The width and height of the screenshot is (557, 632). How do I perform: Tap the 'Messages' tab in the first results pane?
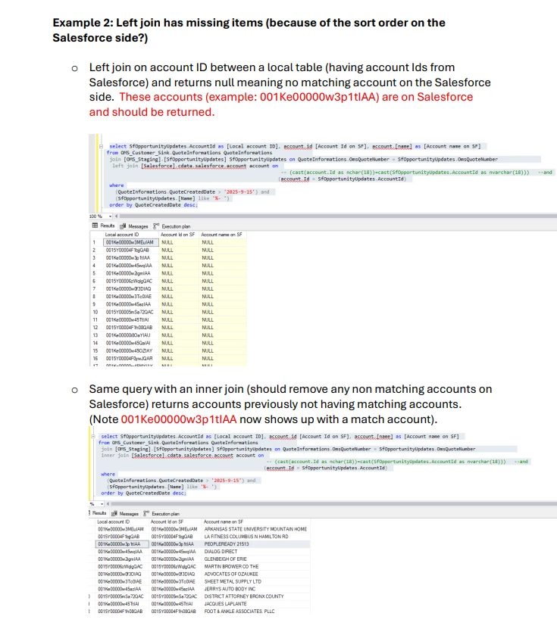(x=136, y=226)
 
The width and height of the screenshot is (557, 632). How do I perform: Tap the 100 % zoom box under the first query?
(x=95, y=216)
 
